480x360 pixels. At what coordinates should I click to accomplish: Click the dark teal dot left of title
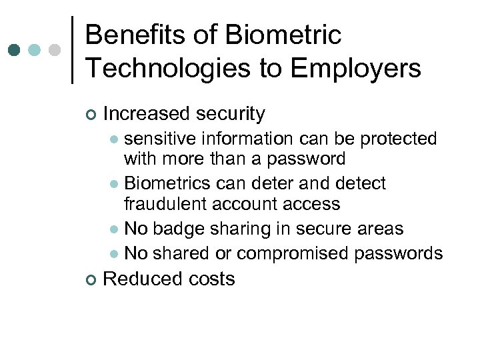[x=15, y=50]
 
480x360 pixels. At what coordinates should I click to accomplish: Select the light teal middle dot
[x=35, y=50]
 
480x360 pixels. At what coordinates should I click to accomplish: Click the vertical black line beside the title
[x=73, y=50]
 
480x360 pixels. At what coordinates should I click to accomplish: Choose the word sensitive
[x=160, y=139]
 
